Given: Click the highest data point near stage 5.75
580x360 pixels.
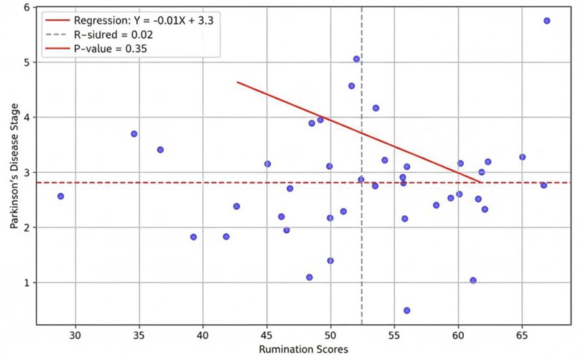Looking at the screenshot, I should [547, 21].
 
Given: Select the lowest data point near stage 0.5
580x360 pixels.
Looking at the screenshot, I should [407, 311].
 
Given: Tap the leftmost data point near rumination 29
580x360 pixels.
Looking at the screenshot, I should [60, 196].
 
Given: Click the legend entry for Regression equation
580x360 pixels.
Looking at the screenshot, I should [143, 20].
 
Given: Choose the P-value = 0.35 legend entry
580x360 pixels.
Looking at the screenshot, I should [114, 49].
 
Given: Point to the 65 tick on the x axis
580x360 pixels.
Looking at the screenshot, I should [522, 334].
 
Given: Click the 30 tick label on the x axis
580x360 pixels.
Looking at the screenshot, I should [75, 334].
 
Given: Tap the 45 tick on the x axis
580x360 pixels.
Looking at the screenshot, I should [266, 334].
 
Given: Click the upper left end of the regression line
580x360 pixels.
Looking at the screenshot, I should [237, 82].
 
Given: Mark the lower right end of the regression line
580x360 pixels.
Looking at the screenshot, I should [480, 181].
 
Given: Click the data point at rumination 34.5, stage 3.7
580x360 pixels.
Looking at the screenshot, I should [134, 134].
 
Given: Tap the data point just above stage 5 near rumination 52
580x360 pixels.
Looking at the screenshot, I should [356, 59].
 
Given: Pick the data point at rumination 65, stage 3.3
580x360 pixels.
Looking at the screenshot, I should [523, 157].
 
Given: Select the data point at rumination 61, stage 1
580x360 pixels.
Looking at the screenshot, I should [473, 280].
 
